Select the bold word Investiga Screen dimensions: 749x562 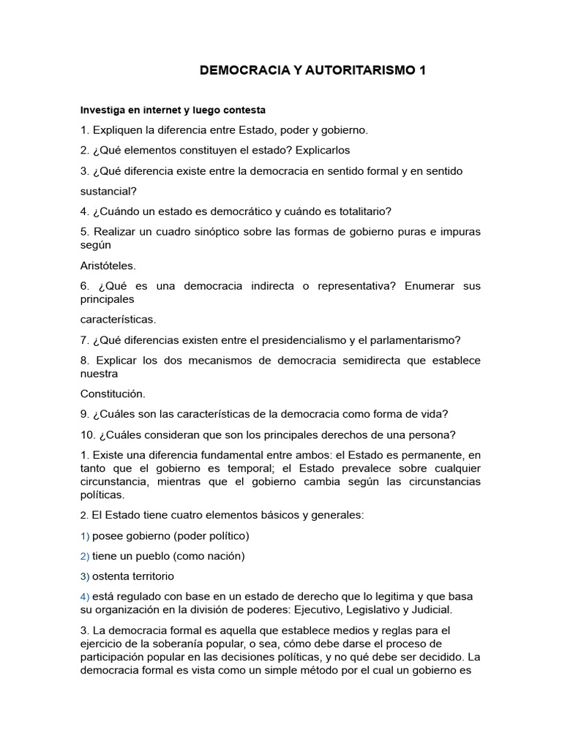(103, 110)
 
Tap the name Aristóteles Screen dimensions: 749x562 (108, 266)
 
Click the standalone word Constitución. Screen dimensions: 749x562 (113, 394)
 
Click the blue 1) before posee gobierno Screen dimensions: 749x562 (85, 535)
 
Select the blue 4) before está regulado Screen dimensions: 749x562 (85, 596)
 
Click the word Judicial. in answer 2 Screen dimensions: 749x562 (433, 609)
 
